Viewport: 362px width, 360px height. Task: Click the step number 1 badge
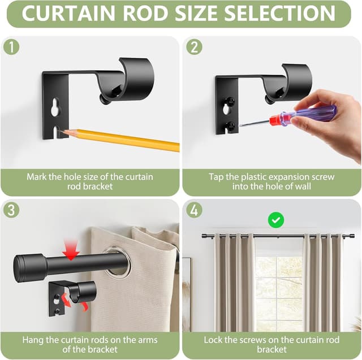12,46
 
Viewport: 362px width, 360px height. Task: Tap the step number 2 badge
194,46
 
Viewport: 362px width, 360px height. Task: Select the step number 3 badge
12,210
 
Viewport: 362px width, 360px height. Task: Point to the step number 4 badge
194,210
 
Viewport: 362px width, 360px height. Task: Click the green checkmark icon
276,219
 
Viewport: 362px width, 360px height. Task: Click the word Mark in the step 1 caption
37,177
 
